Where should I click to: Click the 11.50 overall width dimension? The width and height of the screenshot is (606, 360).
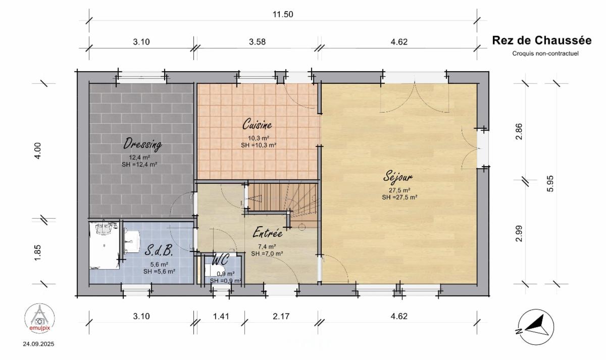pos(283,14)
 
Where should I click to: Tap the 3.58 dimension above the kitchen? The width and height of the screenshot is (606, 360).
pos(257,42)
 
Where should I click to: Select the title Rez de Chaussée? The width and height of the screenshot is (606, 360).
pos(541,40)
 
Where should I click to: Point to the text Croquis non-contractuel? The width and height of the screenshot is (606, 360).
pos(545,54)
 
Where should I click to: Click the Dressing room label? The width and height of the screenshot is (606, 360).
pos(142,144)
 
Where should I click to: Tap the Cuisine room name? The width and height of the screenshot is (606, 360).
pos(257,124)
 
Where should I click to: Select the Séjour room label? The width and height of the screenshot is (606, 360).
pos(398,176)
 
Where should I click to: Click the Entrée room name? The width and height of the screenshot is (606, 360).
pos(268,233)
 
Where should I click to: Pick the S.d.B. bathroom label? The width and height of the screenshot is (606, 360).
pos(159,251)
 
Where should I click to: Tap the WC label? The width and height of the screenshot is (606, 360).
pos(221,260)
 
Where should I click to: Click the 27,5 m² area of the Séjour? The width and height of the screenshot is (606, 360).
pos(399,190)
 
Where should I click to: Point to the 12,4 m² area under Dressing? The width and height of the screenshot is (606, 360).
pos(139,158)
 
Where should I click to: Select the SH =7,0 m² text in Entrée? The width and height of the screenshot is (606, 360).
pos(267,253)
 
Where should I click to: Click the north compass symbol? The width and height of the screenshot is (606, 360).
pos(536,327)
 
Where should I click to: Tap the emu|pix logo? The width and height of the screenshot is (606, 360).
pos(39,319)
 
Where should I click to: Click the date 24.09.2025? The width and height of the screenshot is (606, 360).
pos(38,344)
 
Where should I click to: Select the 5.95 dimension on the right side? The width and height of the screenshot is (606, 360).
pos(550,184)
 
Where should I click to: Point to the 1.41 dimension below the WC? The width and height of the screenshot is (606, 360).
pos(221,316)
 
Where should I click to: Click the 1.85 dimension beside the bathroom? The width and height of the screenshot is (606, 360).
pos(37,252)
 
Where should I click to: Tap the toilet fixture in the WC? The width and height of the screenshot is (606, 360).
pos(209,270)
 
